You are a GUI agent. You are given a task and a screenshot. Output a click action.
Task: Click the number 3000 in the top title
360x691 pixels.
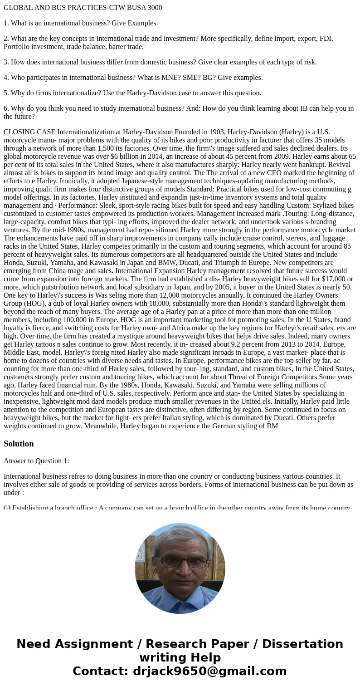[153, 7]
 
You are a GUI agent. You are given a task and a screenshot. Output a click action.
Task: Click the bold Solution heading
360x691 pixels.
[19, 444]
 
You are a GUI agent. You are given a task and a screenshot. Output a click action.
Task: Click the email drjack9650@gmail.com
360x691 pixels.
[209, 671]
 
